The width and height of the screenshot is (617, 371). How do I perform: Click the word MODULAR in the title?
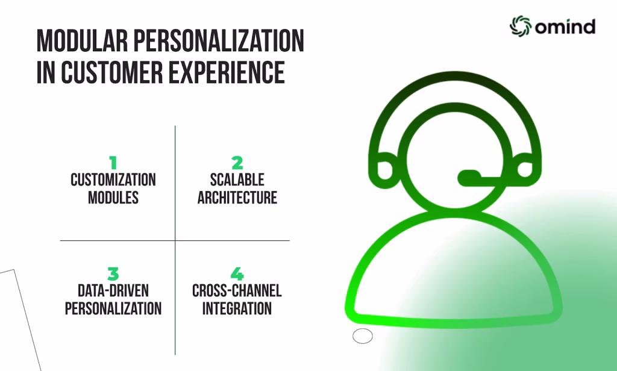point(82,40)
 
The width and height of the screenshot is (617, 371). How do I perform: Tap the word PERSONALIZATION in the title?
point(219,40)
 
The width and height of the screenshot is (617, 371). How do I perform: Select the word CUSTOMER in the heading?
point(111,72)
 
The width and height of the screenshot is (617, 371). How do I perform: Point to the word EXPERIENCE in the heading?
point(227,72)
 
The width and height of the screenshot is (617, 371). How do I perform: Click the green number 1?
point(113,163)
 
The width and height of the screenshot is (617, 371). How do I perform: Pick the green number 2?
point(237,163)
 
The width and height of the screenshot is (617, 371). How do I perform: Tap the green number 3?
point(113,274)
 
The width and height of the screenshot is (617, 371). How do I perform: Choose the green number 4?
point(237,274)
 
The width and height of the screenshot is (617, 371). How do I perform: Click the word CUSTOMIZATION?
point(113,180)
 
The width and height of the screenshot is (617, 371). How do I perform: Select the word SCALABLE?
point(237,180)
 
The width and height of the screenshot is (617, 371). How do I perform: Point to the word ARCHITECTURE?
point(237,198)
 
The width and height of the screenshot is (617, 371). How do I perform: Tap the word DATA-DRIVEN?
point(113,291)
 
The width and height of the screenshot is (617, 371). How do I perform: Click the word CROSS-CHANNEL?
point(237,291)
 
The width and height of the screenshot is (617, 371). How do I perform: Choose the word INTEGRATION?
point(237,308)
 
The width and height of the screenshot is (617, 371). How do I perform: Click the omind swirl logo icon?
point(521,26)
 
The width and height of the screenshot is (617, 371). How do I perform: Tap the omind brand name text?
point(565,26)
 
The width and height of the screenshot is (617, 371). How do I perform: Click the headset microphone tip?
point(468,178)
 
